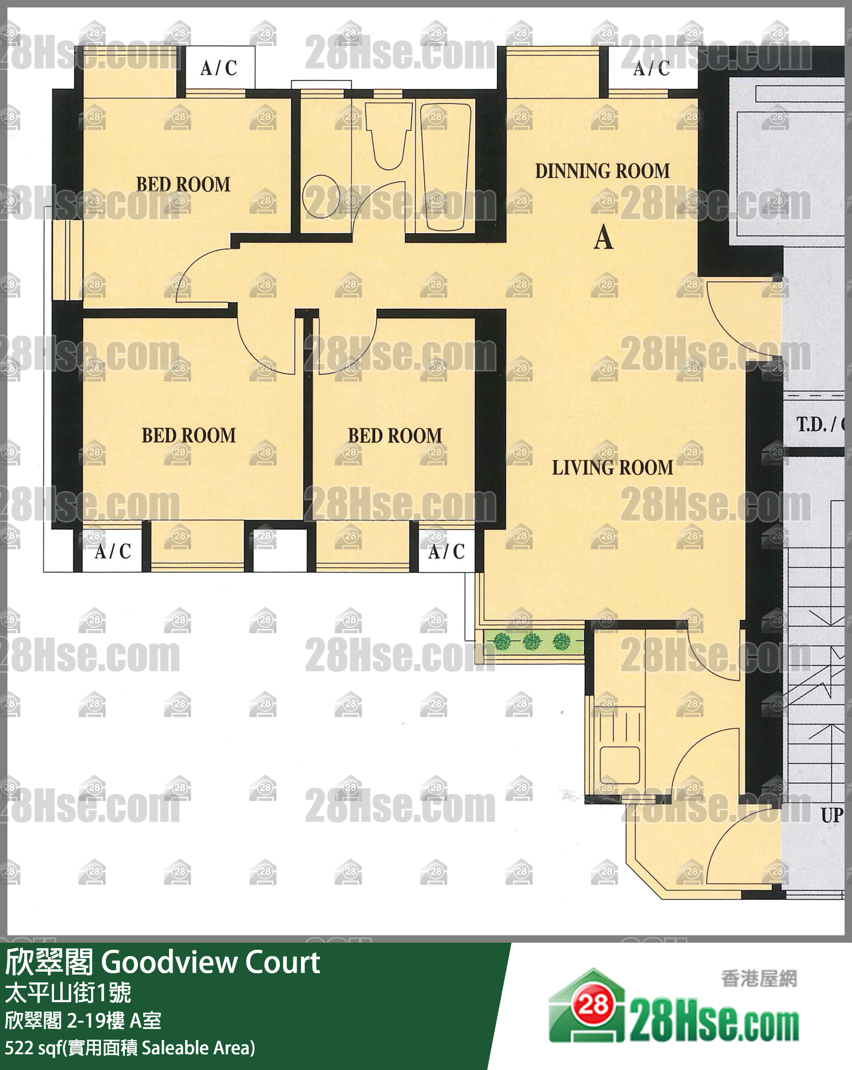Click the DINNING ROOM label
[602, 171]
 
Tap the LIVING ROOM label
[613, 468]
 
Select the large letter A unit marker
[604, 237]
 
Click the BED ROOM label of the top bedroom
[183, 184]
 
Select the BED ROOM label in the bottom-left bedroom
[189, 435]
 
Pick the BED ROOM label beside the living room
[395, 436]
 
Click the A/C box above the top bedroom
[219, 68]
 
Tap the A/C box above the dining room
[652, 68]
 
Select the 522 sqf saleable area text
[130, 1048]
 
